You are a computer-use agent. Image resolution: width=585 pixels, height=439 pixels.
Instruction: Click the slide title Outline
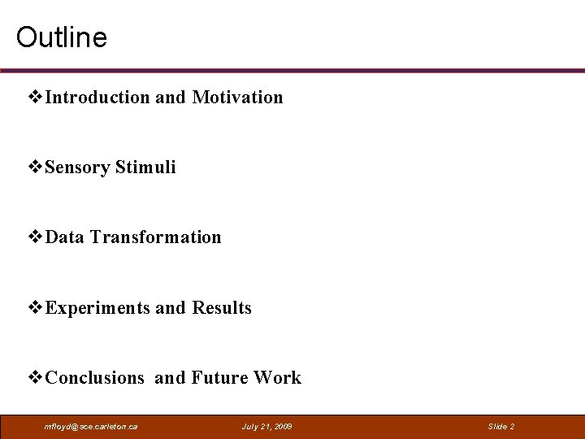click(62, 37)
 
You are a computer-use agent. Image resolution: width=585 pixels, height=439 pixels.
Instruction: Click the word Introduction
click(98, 98)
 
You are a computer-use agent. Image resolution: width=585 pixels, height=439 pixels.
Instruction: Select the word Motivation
click(237, 98)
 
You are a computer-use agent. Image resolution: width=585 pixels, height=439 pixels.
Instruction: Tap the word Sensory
click(78, 167)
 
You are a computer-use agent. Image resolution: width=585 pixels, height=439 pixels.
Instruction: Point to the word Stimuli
click(145, 167)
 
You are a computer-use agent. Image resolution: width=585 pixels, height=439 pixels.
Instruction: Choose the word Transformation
click(155, 237)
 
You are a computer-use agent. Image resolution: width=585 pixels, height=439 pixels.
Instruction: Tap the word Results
click(222, 308)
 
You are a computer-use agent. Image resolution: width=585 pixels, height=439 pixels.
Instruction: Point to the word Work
click(277, 378)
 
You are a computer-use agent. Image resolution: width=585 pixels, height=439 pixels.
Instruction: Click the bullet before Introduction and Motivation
click(36, 98)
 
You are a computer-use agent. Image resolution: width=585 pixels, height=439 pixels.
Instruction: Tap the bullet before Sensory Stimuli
click(36, 167)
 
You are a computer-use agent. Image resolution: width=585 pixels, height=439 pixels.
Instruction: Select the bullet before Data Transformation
click(36, 237)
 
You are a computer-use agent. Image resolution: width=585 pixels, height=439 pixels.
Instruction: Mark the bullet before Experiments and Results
click(36, 308)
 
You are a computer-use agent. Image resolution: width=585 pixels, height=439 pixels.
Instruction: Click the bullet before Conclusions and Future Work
click(36, 378)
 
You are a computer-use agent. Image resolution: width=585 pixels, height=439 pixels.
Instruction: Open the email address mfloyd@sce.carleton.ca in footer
click(91, 427)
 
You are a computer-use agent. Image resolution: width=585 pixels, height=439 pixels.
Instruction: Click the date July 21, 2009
click(267, 427)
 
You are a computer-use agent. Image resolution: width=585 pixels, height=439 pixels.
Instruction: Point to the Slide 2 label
click(500, 427)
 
